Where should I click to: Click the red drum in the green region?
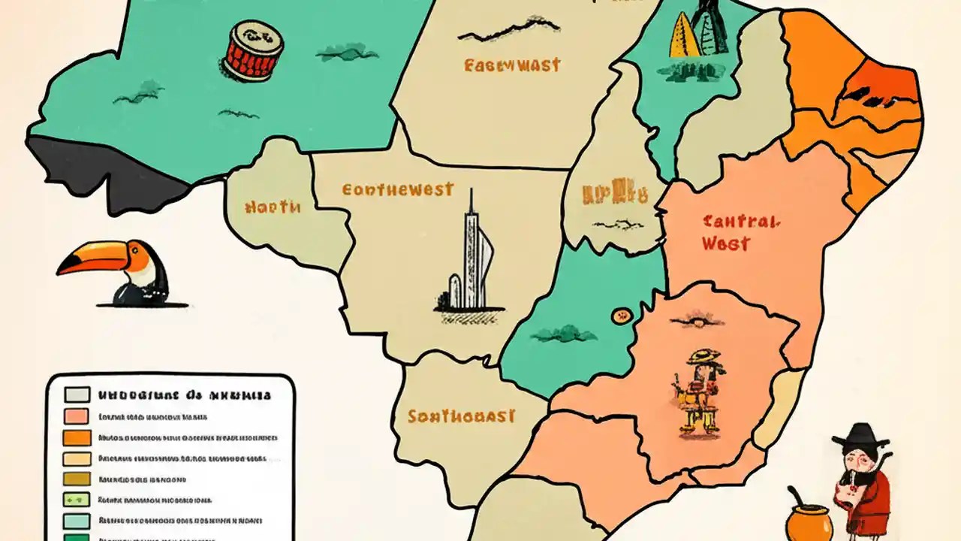pyautogui.click(x=252, y=50)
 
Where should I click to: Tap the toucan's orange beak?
pyautogui.click(x=90, y=259)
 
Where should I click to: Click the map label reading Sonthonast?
pyautogui.click(x=461, y=416)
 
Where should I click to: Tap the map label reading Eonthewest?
pyautogui.click(x=397, y=189)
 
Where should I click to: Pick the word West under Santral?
pyautogui.click(x=725, y=243)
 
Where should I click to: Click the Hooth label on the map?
pyautogui.click(x=273, y=206)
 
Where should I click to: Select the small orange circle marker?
pyautogui.click(x=621, y=316)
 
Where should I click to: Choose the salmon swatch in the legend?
pyautogui.click(x=77, y=416)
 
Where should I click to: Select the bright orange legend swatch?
pyautogui.click(x=77, y=437)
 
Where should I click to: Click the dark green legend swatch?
pyautogui.click(x=77, y=537)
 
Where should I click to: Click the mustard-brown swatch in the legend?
pyautogui.click(x=77, y=479)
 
